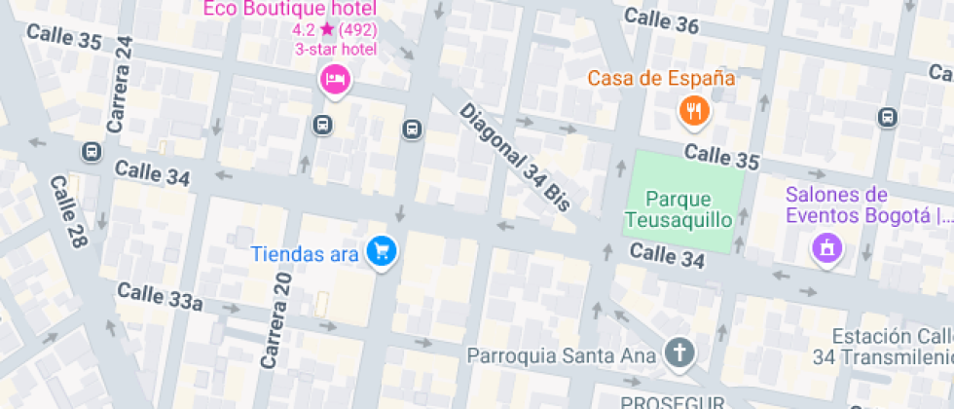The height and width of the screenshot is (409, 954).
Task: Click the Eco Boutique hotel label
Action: [289, 11]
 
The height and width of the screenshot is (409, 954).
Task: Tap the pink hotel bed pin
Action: [334, 80]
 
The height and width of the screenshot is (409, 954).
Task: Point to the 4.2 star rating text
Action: [334, 30]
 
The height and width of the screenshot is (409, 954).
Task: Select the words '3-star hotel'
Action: [335, 49]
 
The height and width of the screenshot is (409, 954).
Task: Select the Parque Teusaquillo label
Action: [679, 209]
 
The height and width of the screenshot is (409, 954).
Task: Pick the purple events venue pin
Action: [826, 247]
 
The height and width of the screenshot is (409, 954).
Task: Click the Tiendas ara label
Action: [306, 254]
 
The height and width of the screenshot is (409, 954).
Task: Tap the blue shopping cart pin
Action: [381, 252]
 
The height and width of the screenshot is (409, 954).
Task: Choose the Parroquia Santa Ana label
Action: [562, 354]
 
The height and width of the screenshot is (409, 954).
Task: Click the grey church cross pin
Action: [679, 353]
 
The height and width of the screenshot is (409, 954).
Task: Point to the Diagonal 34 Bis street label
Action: [514, 156]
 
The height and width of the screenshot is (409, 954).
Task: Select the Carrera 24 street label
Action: [121, 86]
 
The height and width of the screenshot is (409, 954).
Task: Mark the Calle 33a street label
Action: [160, 297]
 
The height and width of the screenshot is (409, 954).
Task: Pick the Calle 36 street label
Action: [661, 20]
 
